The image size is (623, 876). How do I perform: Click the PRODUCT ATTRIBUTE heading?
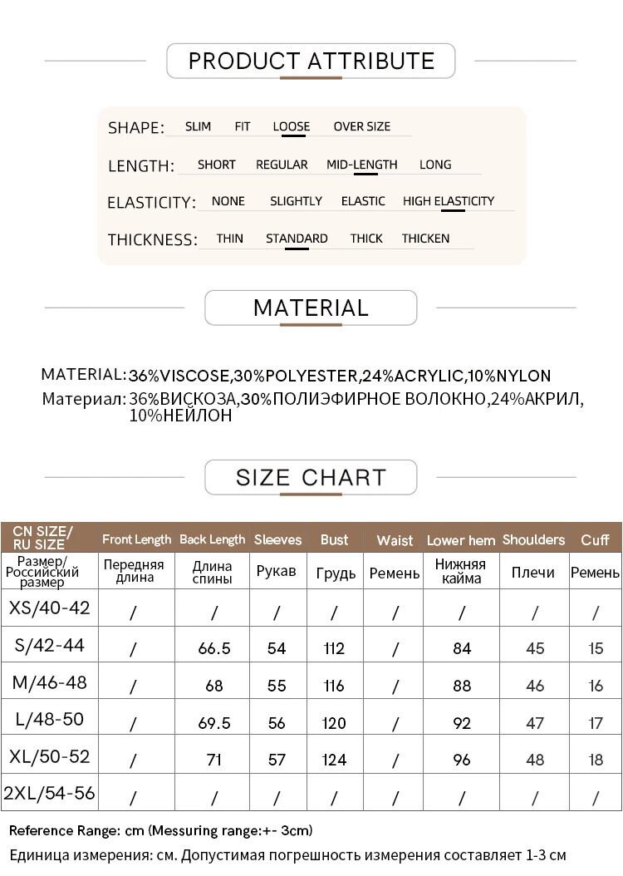click(311, 61)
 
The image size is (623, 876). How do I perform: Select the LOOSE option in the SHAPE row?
click(291, 126)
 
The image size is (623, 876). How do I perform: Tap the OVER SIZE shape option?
click(361, 126)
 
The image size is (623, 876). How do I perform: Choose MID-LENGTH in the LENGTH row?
click(361, 165)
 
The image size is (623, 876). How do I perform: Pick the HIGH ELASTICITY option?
click(449, 201)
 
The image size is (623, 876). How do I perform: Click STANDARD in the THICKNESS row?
click(297, 239)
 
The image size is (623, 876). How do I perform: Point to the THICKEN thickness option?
click(425, 239)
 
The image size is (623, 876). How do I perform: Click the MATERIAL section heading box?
click(311, 308)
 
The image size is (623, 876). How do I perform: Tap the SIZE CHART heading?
click(311, 478)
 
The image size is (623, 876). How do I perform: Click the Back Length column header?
click(213, 539)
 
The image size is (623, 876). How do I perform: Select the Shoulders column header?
click(533, 539)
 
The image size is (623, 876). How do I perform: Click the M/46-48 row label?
click(50, 683)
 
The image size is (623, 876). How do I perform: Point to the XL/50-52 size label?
click(50, 757)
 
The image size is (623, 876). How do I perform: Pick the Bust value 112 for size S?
click(334, 648)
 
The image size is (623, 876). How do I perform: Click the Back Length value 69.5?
click(214, 723)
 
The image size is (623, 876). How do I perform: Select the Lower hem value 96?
click(462, 760)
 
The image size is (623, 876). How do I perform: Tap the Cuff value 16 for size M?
click(596, 686)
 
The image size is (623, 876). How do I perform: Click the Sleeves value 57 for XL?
click(277, 760)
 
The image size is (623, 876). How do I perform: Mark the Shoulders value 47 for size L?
click(535, 723)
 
